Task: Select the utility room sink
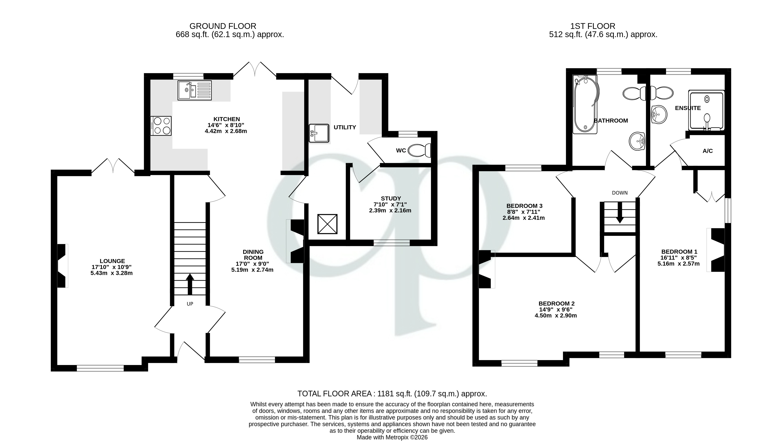[x=319, y=133]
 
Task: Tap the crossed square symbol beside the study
[x=327, y=224]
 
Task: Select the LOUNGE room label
[x=112, y=261]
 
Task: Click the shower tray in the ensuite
[x=706, y=111]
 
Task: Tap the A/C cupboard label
[x=707, y=151]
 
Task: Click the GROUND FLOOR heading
[x=223, y=26]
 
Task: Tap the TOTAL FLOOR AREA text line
[x=392, y=394]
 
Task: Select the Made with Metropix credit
[x=392, y=437]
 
